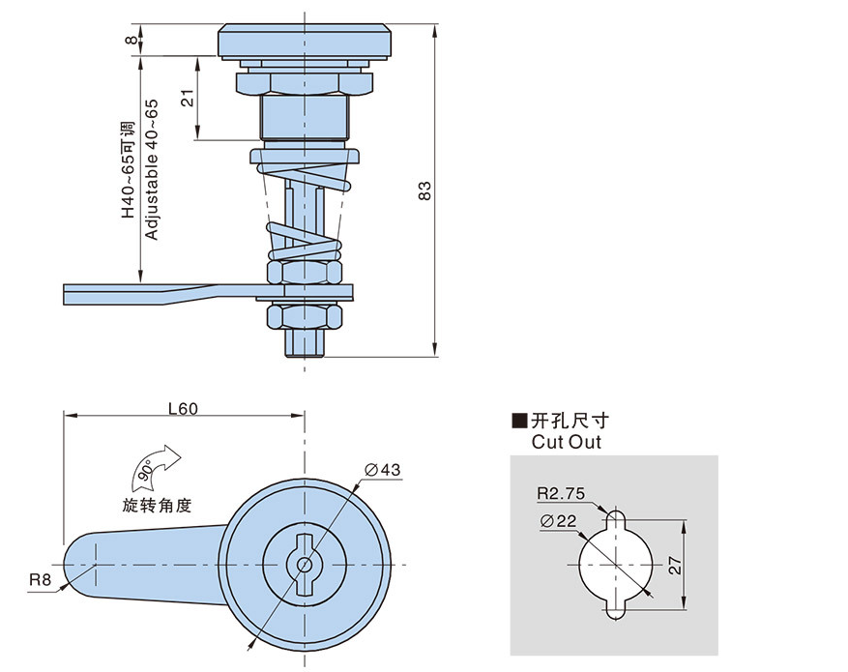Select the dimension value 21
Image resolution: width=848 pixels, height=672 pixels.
tap(188, 98)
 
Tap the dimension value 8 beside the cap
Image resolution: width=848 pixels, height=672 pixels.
tap(131, 40)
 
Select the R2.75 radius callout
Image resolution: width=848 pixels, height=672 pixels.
tap(562, 493)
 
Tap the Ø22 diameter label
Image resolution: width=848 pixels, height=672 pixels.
tap(560, 521)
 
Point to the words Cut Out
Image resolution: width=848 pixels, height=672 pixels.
tap(566, 442)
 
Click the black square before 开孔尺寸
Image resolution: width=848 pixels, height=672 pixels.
tap(519, 421)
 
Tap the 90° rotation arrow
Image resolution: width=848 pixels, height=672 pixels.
tap(153, 467)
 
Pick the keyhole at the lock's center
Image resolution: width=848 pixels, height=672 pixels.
tap(304, 565)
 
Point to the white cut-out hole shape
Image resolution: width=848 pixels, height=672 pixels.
tap(615, 566)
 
